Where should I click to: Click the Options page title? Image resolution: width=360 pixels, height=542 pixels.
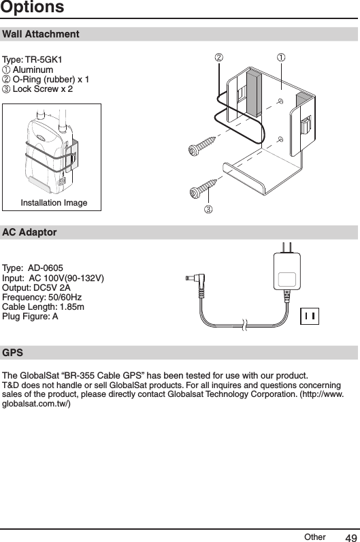click(32, 8)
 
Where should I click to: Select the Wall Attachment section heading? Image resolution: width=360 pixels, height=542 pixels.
click(41, 34)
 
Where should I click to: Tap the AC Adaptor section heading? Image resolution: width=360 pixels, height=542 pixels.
click(30, 232)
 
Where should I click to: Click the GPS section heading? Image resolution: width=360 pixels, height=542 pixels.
click(12, 353)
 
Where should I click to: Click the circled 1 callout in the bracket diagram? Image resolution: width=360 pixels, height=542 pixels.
click(280, 57)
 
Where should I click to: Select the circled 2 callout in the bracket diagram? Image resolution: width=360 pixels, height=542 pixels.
click(219, 57)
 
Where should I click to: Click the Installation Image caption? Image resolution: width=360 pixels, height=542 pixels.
click(53, 203)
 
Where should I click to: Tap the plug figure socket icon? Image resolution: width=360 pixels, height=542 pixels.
click(310, 316)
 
